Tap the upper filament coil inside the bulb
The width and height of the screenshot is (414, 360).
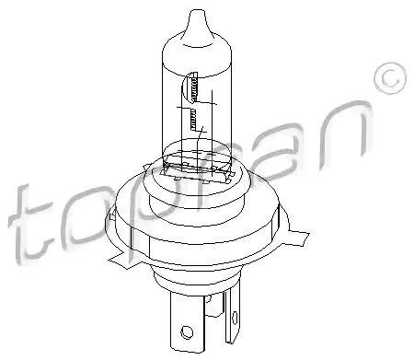[193, 87]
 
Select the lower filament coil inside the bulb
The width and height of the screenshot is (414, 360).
[193, 119]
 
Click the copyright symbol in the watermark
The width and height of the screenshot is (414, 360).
[390, 78]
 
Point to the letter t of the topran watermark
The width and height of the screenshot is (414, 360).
[29, 224]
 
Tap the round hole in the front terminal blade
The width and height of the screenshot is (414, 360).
[187, 332]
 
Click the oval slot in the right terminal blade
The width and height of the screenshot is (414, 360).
[235, 318]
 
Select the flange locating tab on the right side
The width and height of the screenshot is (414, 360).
[297, 237]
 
